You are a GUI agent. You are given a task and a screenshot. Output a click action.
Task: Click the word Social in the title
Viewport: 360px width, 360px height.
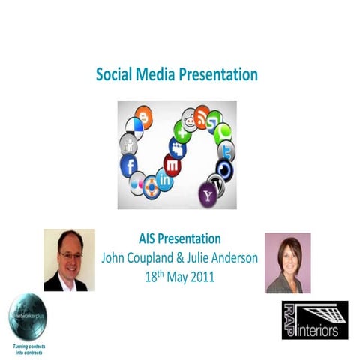(x=113, y=75)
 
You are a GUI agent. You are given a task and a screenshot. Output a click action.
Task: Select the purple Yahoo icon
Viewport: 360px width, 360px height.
(x=208, y=196)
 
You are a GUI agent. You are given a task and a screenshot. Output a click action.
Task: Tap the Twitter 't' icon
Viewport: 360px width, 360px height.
(x=226, y=151)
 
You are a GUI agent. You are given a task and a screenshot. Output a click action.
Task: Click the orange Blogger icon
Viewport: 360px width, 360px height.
(x=142, y=116)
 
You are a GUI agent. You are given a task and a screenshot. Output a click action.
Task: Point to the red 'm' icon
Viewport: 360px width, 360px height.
(x=172, y=166)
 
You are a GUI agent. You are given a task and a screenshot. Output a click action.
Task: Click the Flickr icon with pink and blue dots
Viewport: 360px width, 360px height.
(x=137, y=183)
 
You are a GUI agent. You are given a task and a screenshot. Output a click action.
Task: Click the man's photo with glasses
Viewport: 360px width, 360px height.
(x=69, y=260)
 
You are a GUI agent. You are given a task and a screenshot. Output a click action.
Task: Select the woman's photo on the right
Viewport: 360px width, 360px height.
(x=287, y=262)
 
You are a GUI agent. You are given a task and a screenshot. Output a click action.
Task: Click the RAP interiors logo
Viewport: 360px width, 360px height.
(x=314, y=319)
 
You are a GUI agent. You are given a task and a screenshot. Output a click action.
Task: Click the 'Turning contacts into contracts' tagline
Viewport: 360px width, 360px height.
(x=27, y=347)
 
